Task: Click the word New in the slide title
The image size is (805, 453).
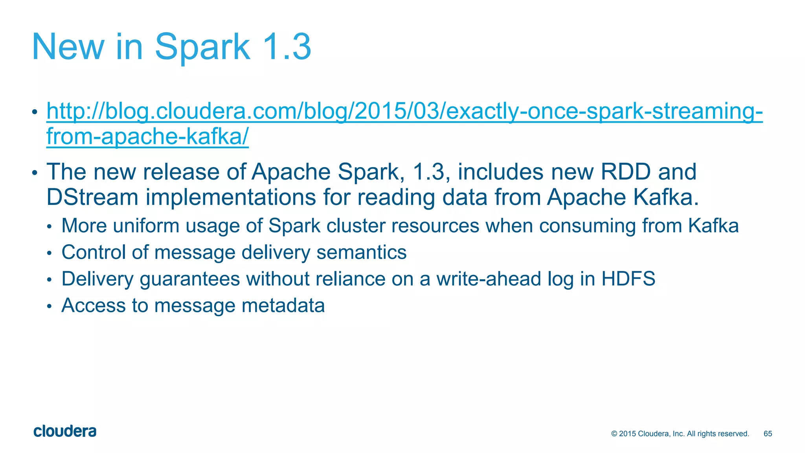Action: (x=68, y=47)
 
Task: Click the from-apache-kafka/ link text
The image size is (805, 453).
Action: (x=147, y=136)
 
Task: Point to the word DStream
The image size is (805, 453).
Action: (x=92, y=197)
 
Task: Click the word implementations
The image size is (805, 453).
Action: (x=231, y=197)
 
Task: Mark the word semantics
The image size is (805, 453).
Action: (x=361, y=252)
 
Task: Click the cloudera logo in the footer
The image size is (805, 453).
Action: (x=65, y=431)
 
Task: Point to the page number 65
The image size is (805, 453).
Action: (x=768, y=434)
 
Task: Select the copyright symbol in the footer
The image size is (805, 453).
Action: (x=614, y=434)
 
